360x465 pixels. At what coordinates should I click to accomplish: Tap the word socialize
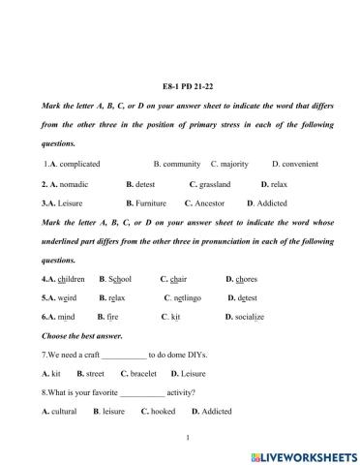pos(251,317)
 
